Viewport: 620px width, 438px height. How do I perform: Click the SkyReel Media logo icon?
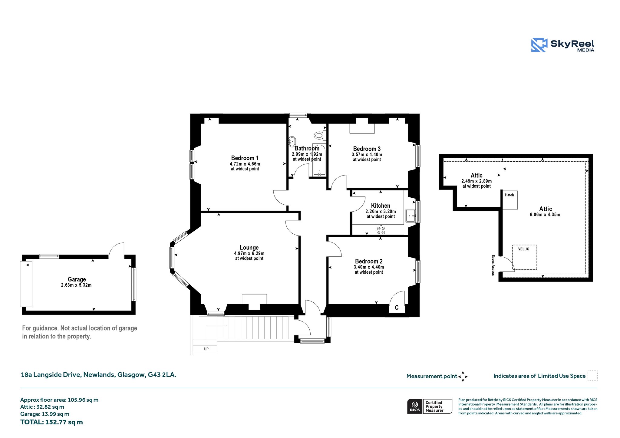coord(539,45)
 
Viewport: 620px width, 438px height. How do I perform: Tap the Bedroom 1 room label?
coord(245,158)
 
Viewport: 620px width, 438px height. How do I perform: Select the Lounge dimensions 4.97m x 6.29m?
coord(249,253)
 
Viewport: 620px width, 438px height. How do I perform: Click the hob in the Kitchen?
coord(381,230)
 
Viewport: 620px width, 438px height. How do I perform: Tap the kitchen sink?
coord(411,216)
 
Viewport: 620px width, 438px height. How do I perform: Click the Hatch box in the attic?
coord(510,200)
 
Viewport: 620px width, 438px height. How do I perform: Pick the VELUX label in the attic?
coord(523,249)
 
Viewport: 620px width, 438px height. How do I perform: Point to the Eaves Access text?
coord(493,265)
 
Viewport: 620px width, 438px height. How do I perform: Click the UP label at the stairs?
coord(206,349)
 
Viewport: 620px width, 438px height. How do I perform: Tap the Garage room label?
coord(77,279)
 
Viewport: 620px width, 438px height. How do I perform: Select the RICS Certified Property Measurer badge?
coord(430,406)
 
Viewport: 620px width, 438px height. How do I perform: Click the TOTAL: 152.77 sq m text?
coord(51,422)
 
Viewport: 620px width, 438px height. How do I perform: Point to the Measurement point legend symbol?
coord(463,377)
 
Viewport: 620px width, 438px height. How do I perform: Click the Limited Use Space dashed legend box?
coord(592,376)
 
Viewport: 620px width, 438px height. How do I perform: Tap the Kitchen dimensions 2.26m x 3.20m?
coord(381,212)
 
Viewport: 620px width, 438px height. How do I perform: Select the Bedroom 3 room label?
coord(367,149)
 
